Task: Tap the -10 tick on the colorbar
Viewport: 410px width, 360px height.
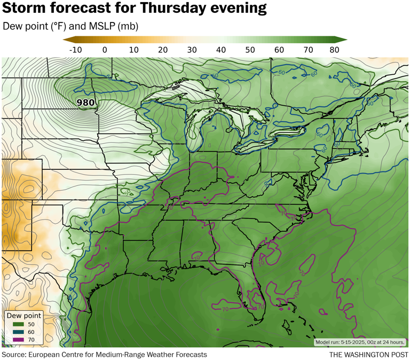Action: (x=75, y=50)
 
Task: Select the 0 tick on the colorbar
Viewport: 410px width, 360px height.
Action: (x=104, y=50)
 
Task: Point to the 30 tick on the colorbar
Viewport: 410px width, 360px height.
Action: (x=191, y=50)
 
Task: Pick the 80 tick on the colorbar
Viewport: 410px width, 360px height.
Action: (x=335, y=50)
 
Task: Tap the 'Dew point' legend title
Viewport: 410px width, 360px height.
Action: (x=23, y=316)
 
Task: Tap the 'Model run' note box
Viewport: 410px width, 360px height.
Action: (x=360, y=342)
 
